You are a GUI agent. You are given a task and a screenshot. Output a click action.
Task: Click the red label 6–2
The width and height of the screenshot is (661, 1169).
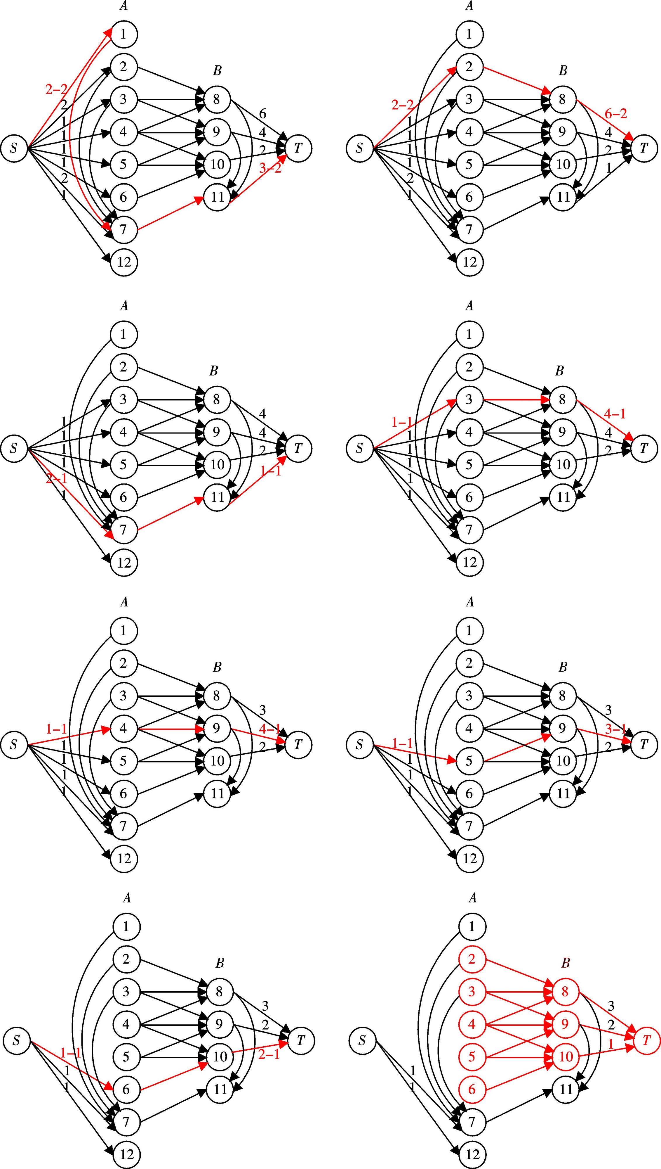pos(616,114)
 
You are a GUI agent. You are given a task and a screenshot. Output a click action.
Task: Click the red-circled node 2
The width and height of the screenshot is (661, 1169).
pos(472,959)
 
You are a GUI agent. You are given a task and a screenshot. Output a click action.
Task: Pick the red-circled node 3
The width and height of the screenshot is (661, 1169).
pos(472,992)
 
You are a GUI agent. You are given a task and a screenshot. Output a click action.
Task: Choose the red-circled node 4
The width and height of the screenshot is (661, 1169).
pos(472,1025)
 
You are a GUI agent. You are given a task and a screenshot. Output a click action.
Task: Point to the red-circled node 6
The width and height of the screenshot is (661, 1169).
pos(472,1090)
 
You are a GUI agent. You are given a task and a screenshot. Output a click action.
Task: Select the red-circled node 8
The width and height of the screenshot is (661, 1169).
pos(565,992)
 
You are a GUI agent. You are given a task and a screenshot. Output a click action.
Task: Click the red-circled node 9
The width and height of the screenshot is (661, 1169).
pos(565,1025)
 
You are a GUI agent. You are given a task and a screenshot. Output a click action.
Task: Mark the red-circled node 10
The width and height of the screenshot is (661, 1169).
pos(565,1057)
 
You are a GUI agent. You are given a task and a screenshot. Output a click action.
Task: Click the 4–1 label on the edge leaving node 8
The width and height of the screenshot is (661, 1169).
pos(616,414)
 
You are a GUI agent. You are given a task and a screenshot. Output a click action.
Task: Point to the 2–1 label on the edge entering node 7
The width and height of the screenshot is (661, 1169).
pos(57,478)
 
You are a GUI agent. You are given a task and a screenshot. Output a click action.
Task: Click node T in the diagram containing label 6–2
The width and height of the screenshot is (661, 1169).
pos(644,148)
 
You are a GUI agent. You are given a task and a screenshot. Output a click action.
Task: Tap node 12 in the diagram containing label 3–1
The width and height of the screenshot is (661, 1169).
pos(470,859)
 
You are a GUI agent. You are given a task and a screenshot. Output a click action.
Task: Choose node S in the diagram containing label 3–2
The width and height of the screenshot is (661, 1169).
pos(14,148)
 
